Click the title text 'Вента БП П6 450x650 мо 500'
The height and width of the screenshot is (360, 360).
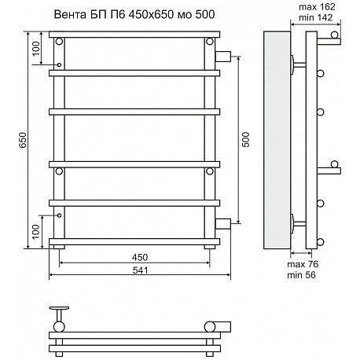134,15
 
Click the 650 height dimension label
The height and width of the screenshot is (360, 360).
24,140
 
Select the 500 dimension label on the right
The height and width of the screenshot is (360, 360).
246,140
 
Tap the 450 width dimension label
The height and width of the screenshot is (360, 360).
140,257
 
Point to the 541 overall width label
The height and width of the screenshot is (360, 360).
140,270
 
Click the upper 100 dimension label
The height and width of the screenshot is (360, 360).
36,49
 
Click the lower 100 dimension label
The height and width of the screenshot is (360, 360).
36,232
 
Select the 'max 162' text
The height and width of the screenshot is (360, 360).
317,7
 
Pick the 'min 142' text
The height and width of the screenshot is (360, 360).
316,17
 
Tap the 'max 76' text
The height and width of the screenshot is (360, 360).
303,264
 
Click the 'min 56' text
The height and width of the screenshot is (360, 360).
301,275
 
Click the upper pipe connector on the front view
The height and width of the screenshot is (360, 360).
223,57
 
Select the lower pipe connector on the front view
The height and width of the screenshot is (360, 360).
223,224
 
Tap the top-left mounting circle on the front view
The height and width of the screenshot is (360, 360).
59,42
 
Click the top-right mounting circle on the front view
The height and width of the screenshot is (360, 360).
210,42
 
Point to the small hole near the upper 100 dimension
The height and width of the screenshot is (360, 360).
59,64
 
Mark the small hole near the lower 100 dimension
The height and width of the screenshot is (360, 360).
59,215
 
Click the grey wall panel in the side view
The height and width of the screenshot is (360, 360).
277,140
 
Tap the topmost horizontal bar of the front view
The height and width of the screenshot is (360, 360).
134,35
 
